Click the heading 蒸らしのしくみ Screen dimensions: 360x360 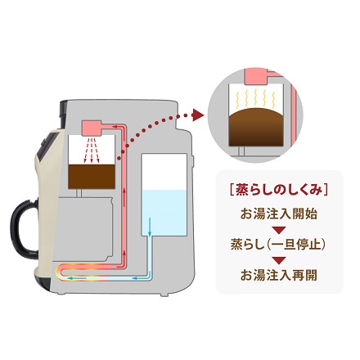(x=279, y=189)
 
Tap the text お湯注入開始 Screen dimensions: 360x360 (x=279, y=214)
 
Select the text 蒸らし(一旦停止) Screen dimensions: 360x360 (x=279, y=245)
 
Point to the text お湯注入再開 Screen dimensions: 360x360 (x=279, y=275)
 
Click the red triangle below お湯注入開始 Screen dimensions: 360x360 (x=279, y=230)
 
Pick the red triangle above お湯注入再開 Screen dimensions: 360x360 (x=279, y=260)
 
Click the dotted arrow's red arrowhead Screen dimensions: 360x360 (x=197, y=115)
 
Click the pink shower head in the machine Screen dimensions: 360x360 (x=92, y=128)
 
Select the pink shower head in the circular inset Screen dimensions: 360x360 (x=255, y=76)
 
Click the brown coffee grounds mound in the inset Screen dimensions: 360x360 (x=255, y=128)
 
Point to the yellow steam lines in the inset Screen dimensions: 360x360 (x=255, y=97)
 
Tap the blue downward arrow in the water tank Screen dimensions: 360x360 (x=150, y=227)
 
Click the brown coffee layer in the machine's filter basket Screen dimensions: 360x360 (x=92, y=176)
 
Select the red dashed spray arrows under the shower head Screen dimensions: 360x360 (x=92, y=151)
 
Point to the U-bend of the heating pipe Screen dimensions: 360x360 (x=59, y=272)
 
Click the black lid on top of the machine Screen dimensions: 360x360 (x=63, y=112)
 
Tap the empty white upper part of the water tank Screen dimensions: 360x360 (x=164, y=172)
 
